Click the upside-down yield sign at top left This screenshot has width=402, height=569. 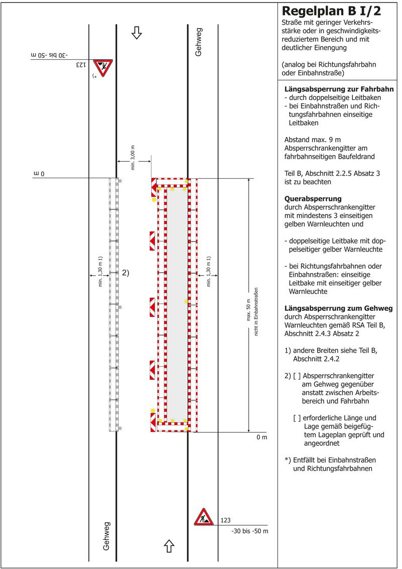[103, 67]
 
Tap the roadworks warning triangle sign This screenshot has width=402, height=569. [204, 517]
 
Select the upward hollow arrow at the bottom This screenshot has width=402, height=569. [169, 544]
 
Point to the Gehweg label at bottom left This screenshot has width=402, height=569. [107, 536]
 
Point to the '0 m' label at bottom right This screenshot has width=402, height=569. [262, 437]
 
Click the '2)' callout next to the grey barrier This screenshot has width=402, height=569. [125, 273]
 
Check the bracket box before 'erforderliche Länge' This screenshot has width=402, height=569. [297, 418]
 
